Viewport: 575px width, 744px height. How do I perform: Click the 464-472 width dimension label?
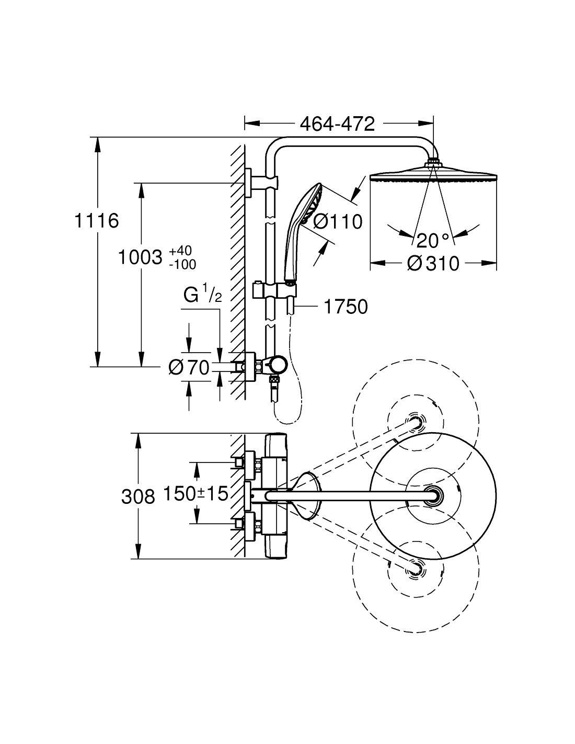point(338,124)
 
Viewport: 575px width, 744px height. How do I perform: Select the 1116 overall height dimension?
point(96,221)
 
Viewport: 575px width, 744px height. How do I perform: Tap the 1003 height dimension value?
point(139,257)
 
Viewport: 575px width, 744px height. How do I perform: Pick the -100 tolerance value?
point(182,264)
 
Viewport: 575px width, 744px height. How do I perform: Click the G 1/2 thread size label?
point(202,296)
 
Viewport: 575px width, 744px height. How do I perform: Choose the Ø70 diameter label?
point(189,368)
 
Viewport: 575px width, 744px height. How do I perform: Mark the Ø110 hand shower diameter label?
point(337,222)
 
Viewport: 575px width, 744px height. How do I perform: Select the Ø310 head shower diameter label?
point(433,263)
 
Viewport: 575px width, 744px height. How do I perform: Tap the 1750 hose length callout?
point(346,307)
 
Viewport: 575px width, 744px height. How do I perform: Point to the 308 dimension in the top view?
point(138,496)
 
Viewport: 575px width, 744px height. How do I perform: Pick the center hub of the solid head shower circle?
point(433,494)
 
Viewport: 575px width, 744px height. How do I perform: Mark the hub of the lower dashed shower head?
point(416,568)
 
